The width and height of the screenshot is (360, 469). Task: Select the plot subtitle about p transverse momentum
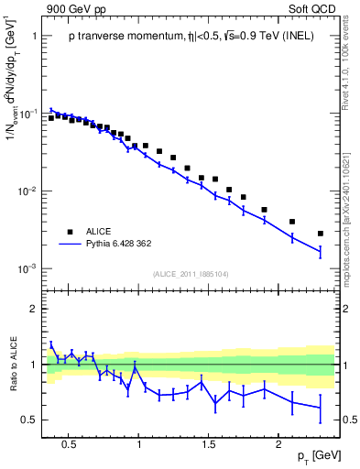pos(192,37)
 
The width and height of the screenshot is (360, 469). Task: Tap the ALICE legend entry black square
pos(70,231)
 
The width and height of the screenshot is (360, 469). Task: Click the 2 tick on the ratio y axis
pos(34,309)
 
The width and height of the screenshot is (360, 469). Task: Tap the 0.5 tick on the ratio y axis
pos(29,420)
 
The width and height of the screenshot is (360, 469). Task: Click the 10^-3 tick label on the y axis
pos(27,268)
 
